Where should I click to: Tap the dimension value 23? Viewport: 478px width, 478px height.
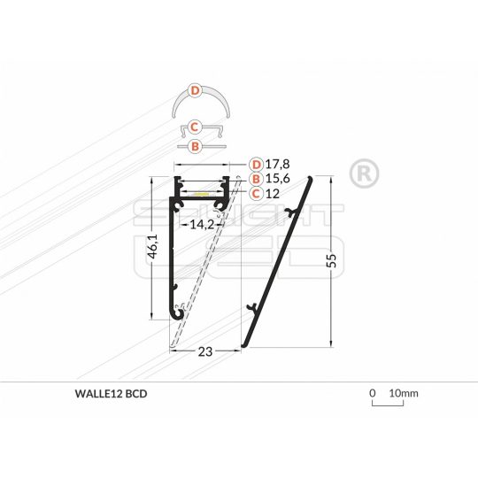(205, 351)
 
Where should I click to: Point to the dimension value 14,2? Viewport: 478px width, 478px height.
(204, 225)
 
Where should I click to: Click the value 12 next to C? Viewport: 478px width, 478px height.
(272, 193)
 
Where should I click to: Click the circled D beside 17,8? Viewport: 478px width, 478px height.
(256, 164)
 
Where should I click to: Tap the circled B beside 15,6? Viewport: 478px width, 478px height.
(256, 178)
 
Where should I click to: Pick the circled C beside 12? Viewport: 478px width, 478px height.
(256, 193)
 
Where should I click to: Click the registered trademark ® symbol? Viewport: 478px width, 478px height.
(360, 173)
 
